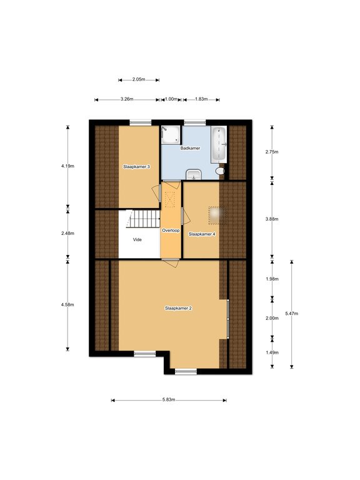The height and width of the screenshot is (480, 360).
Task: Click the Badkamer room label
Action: [190, 148]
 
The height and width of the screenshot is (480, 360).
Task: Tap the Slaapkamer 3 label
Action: [136, 167]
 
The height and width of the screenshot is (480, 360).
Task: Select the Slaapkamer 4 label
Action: [202, 234]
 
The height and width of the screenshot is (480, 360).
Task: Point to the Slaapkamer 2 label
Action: [178, 308]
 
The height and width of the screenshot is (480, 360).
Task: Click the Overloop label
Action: [171, 230]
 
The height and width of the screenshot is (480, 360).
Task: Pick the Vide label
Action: [137, 239]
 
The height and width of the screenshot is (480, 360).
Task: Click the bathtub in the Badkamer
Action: [219, 144]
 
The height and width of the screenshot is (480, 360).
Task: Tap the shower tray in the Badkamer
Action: [171, 134]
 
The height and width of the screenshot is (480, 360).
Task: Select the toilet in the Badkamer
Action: [220, 171]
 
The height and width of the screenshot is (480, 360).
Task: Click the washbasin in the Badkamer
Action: [194, 174]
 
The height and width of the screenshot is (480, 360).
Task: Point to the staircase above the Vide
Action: [143, 219]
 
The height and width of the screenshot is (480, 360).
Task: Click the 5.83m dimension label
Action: [169, 400]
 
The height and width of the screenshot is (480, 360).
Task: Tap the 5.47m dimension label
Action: [291, 314]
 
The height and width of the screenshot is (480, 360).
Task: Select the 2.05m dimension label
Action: [139, 79]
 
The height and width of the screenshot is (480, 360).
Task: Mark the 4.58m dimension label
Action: [67, 304]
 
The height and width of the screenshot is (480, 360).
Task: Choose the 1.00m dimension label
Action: [171, 99]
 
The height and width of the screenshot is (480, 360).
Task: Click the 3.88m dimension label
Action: [272, 219]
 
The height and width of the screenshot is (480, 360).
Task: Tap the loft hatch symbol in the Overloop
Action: [169, 199]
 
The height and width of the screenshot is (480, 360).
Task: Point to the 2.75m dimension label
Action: [272, 152]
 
